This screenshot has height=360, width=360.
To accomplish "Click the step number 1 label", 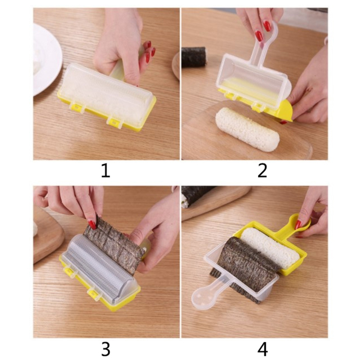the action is [106, 171].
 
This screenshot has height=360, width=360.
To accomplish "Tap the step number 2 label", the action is [262, 171].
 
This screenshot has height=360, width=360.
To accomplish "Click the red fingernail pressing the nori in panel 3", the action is [92, 224].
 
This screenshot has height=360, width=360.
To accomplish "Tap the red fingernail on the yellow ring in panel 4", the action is [298, 224].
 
